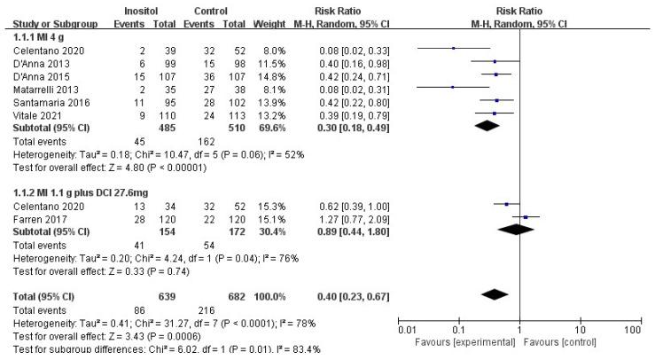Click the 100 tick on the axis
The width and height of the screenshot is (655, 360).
pyautogui.click(x=633, y=329)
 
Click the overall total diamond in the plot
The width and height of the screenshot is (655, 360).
pyautogui.click(x=494, y=293)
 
